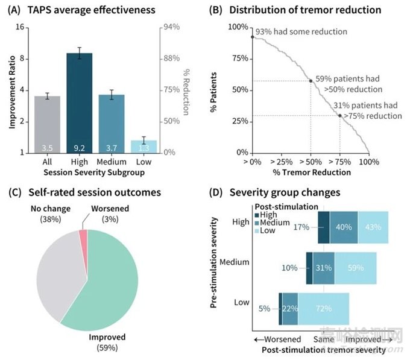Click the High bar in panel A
click(x=80, y=103)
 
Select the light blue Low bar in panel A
click(x=144, y=147)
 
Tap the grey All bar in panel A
click(x=47, y=124)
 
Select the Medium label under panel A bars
click(x=112, y=162)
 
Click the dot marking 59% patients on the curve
click(x=311, y=80)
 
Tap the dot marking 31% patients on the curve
click(x=339, y=115)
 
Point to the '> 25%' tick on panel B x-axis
click(x=281, y=162)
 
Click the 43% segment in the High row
click(x=373, y=227)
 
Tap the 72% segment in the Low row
click(x=323, y=309)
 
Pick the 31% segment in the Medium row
click(x=324, y=268)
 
